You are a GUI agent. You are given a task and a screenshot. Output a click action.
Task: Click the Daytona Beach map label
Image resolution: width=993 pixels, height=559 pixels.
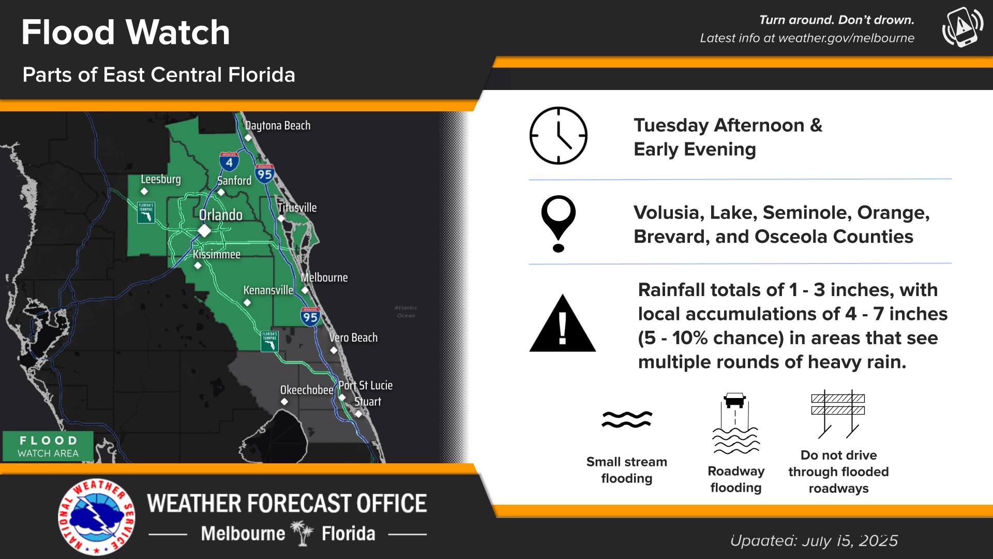pyautogui.click(x=278, y=126)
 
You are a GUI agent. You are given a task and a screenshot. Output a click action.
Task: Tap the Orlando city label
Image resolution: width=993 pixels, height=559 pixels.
pyautogui.click(x=221, y=215)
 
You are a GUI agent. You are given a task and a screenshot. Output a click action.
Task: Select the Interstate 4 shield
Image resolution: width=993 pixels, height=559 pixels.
pyautogui.click(x=229, y=161)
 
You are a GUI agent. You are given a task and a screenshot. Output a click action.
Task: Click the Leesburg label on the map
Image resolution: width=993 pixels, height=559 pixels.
pyautogui.click(x=161, y=179)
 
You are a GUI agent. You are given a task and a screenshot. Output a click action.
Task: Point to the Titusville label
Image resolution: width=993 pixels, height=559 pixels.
pyautogui.click(x=297, y=208)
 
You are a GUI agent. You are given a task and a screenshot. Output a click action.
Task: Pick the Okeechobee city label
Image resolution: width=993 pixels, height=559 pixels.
pyautogui.click(x=307, y=390)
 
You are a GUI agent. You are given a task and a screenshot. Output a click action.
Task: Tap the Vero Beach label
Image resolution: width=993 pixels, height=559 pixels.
pyautogui.click(x=353, y=337)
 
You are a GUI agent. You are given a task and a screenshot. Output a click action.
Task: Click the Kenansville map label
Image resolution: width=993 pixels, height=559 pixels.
pyautogui.click(x=268, y=290)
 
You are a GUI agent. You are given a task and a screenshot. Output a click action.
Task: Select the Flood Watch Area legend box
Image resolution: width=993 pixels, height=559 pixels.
pyautogui.click(x=48, y=446)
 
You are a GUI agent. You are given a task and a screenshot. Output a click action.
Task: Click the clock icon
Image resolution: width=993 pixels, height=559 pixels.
pyautogui.click(x=559, y=136)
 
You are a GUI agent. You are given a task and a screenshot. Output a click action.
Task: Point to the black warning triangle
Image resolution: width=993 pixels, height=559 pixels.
pyautogui.click(x=563, y=323)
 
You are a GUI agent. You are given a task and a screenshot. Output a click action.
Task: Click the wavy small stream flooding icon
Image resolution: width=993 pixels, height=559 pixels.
pyautogui.click(x=627, y=419)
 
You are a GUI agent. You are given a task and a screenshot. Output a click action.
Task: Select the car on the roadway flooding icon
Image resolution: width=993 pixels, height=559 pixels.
pyautogui.click(x=735, y=400)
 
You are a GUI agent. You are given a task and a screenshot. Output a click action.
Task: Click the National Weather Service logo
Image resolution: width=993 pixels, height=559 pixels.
pyautogui.click(x=96, y=517)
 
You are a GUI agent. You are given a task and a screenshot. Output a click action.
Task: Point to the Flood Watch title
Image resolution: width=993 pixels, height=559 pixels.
pyautogui.click(x=126, y=32)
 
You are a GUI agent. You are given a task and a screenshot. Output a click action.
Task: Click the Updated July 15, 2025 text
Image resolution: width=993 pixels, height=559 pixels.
pyautogui.click(x=814, y=540)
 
